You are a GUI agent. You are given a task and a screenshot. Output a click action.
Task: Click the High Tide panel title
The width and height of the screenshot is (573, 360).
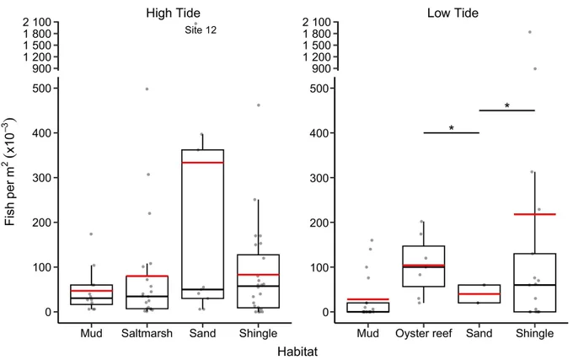[x=174, y=13]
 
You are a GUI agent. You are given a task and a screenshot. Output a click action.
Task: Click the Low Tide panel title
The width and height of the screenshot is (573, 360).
[x=453, y=13]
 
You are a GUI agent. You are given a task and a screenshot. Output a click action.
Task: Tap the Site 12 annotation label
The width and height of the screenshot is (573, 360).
[x=201, y=30]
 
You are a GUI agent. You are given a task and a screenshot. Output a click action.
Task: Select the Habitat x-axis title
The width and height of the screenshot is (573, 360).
[x=297, y=352]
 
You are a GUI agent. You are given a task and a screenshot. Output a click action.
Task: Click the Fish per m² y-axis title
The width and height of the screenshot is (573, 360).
[x=10, y=172]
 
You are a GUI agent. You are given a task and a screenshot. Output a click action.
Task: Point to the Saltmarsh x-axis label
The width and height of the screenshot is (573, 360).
[x=147, y=333]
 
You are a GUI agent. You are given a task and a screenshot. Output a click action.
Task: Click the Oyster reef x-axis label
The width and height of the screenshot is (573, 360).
[x=424, y=333]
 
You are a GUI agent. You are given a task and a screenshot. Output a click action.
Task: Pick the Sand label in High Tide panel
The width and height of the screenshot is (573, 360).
[x=202, y=333]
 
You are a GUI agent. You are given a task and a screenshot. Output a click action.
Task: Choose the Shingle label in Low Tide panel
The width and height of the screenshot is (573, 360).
[x=534, y=333]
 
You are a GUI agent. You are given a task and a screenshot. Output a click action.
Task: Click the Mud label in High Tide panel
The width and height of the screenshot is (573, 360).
[x=91, y=333]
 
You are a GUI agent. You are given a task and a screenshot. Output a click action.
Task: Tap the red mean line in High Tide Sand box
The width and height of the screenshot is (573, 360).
[x=202, y=162]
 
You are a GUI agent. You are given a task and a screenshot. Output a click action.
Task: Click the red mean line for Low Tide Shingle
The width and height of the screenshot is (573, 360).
[x=534, y=214]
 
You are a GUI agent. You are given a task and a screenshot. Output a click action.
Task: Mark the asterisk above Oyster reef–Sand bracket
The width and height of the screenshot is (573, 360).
[x=452, y=128]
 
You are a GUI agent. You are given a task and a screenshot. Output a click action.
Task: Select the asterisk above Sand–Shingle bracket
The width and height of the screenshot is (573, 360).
[x=507, y=105]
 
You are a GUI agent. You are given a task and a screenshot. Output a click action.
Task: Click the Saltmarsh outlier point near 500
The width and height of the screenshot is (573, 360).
[x=147, y=89]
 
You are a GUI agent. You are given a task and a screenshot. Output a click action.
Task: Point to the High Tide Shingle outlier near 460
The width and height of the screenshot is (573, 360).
[x=259, y=105]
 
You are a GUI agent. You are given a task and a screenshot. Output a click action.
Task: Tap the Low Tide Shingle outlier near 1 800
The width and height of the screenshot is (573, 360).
[x=529, y=32]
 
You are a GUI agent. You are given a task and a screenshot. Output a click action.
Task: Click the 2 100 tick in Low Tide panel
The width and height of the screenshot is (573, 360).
[x=317, y=22]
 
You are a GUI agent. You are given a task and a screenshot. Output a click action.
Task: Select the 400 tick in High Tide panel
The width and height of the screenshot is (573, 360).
[x=42, y=133]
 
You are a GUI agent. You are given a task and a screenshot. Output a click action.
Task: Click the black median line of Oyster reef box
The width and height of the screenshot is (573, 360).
[x=424, y=267]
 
